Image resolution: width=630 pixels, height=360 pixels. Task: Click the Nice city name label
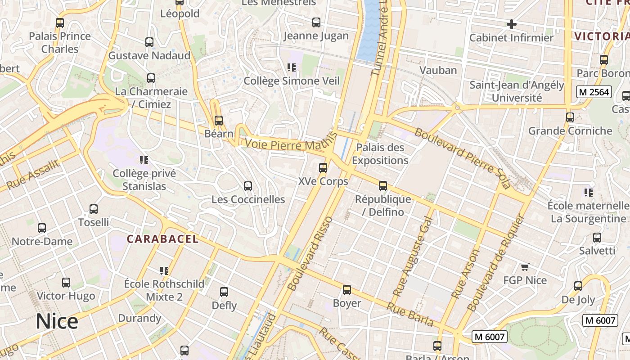click(x=57, y=322)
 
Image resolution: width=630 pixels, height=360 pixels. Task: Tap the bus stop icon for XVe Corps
click(x=323, y=168)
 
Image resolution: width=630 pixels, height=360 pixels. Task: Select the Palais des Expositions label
click(x=380, y=154)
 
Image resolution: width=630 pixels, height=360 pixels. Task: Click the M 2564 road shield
click(x=594, y=92)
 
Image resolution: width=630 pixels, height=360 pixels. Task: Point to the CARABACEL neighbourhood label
click(x=162, y=239)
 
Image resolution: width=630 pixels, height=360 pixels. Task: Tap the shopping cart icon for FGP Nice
click(x=525, y=267)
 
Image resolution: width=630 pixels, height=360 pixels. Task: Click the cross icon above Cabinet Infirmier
click(x=511, y=24)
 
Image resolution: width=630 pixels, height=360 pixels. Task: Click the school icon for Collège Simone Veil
click(x=292, y=67)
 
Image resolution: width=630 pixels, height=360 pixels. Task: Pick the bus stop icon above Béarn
click(x=219, y=121)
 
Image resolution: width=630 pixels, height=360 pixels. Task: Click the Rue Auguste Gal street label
click(x=413, y=256)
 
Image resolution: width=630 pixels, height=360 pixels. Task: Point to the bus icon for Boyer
click(x=346, y=290)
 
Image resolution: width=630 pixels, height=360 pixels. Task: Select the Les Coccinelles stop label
click(x=248, y=199)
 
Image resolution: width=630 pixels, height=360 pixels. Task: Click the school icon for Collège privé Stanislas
click(x=144, y=160)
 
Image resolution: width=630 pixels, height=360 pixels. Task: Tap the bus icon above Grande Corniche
click(x=570, y=117)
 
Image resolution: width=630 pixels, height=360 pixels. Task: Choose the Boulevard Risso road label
click(x=310, y=253)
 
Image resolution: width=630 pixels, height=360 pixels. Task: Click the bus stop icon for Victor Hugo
click(x=66, y=283)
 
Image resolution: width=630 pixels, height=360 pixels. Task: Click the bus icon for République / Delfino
click(x=383, y=186)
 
